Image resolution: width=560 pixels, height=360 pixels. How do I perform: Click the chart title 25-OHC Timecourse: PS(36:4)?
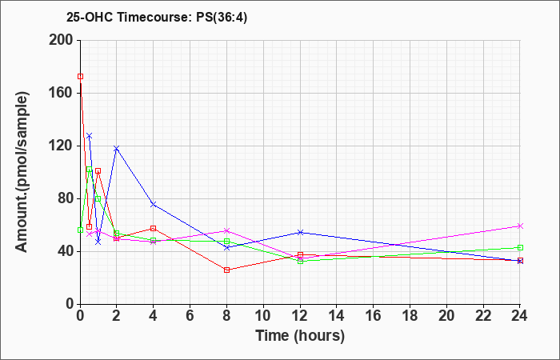pos(157,18)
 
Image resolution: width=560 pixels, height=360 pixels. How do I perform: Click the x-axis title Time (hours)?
pos(300,336)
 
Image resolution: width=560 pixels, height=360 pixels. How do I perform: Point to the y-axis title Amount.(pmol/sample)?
pos(22,172)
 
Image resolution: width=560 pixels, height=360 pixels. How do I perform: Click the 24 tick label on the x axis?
pos(519,316)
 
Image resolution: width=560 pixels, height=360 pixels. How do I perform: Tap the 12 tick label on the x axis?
pos(300,316)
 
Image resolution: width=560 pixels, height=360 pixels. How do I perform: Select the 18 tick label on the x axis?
pos(410,316)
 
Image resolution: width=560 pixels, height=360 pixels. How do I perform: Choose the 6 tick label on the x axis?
pos(190,316)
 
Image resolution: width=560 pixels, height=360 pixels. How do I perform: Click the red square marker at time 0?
pos(80,77)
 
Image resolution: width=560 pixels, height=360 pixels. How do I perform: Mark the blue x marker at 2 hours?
pos(117,148)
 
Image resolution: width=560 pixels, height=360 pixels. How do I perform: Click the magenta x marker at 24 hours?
pos(520,226)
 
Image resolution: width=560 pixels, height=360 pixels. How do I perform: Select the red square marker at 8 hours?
pos(226,270)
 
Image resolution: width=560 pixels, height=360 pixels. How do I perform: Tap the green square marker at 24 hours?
pos(520,247)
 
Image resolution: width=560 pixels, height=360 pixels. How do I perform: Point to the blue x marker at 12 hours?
pos(300,233)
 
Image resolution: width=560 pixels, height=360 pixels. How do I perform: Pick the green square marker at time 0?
pos(80,230)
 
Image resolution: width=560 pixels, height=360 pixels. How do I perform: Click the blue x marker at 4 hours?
pos(154,204)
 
